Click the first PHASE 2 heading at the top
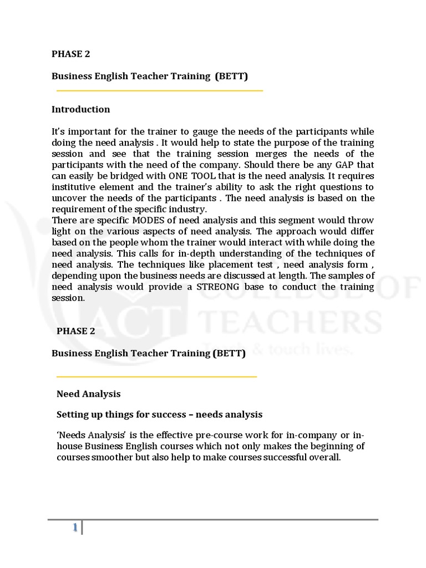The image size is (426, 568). click(x=70, y=54)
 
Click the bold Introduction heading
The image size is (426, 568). click(x=80, y=109)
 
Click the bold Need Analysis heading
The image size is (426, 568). click(x=88, y=394)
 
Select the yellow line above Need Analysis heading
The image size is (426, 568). click(x=156, y=377)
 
